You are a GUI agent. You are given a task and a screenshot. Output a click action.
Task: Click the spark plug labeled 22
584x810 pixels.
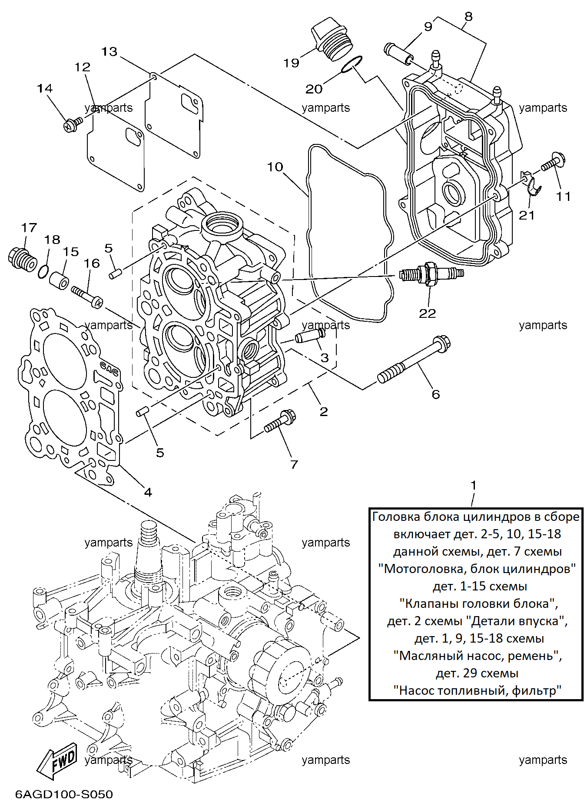click(431, 274)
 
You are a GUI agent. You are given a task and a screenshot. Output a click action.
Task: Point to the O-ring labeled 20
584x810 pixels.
click(351, 64)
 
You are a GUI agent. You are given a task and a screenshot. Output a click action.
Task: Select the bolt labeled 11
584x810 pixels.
click(553, 162)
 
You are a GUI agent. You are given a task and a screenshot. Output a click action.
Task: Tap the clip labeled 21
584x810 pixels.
click(531, 183)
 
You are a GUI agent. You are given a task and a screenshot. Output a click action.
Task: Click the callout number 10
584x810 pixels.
click(275, 167)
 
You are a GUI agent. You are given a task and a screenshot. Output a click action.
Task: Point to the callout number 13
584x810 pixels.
click(109, 52)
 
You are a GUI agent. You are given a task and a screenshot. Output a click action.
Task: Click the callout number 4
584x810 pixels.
click(148, 492)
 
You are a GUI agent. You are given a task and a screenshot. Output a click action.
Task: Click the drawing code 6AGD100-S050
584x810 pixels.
click(64, 794)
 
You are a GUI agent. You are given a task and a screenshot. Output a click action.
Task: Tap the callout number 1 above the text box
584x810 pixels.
click(474, 485)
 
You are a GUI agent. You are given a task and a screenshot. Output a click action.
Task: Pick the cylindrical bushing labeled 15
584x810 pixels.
click(59, 281)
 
